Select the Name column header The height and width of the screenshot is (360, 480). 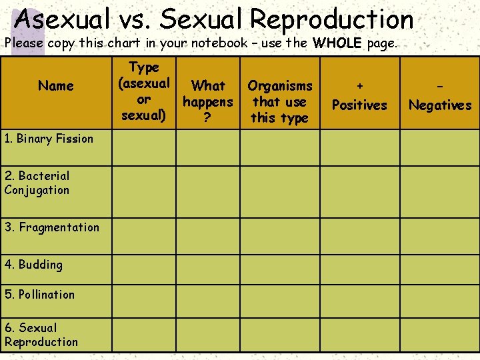(56, 85)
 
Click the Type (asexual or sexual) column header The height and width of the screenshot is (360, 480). (144, 91)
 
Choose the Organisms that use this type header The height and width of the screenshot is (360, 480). (279, 101)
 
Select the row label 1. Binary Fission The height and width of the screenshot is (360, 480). (49, 139)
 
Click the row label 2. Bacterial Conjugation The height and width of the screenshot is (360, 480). (37, 183)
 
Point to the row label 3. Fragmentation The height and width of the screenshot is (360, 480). (52, 227)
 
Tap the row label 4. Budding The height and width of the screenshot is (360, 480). (33, 265)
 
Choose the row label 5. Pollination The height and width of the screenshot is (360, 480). (39, 294)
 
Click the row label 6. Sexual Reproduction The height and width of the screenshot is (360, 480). (41, 335)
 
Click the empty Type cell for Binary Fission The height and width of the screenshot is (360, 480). (144, 147)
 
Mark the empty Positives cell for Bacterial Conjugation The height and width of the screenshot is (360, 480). (359, 184)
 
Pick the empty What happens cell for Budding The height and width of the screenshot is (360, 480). (208, 265)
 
